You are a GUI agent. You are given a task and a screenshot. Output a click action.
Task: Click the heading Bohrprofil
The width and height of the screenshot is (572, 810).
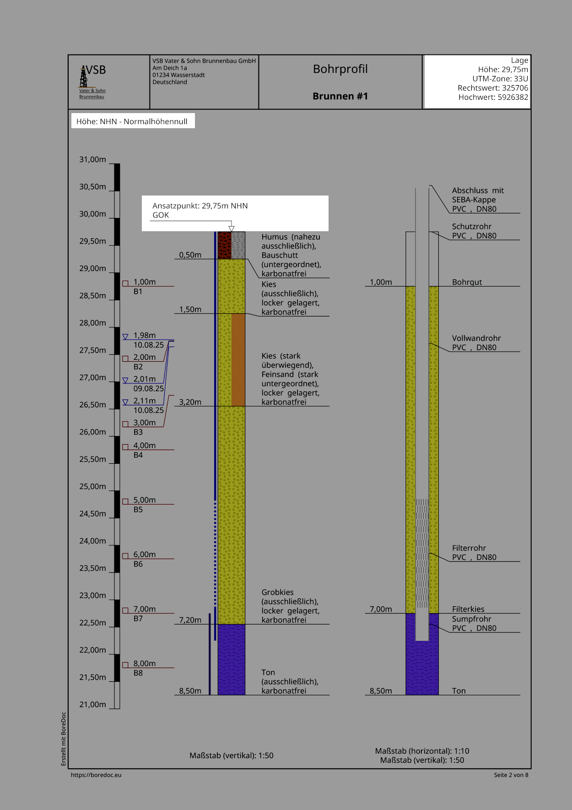340,69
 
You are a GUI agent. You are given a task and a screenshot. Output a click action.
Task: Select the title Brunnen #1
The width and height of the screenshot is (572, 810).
340,96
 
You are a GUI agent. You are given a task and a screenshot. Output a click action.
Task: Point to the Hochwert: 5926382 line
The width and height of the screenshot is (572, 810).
493,97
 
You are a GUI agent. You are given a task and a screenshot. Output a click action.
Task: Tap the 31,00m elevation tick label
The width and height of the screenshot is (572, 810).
92,160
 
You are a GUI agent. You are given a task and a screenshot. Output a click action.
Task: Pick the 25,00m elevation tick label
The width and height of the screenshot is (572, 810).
92,487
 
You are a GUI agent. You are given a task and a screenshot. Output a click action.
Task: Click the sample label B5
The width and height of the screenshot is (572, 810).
138,510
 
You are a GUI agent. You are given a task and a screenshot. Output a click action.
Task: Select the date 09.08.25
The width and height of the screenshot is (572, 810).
148,389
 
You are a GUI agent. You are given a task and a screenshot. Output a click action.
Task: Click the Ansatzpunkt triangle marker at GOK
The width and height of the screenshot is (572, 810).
232,228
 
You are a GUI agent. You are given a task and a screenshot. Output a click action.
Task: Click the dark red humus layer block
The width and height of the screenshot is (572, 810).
224,245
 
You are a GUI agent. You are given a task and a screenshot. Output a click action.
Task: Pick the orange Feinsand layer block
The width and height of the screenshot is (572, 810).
238,359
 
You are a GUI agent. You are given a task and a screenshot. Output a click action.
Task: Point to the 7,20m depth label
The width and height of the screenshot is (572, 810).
190,620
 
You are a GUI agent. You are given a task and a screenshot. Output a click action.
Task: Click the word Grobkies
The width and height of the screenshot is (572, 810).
277,593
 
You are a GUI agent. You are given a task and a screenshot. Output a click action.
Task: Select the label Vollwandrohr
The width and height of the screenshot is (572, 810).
476,338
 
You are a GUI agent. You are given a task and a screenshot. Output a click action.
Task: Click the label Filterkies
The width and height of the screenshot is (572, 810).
468,609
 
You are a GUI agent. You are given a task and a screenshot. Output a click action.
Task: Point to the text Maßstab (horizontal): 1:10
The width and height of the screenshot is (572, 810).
422,751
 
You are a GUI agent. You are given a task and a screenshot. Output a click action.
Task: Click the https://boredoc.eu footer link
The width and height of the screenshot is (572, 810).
96,775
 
